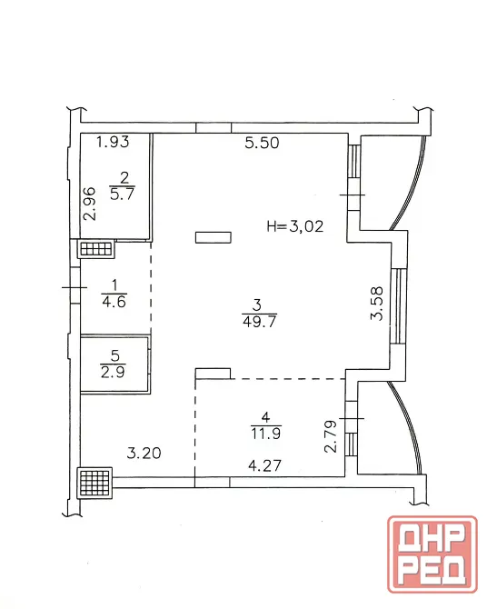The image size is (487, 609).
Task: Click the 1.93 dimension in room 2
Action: pos(113,142)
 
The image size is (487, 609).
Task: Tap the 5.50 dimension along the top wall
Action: pos(262,143)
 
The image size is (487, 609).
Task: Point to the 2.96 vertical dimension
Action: pos(89,204)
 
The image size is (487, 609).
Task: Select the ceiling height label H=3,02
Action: pos(295,226)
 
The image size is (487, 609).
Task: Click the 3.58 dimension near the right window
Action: pos(377,304)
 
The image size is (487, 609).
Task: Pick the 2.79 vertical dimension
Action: pos(331,436)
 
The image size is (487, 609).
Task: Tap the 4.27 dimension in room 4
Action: pos(264,465)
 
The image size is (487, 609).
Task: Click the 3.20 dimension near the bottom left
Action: pos(144,453)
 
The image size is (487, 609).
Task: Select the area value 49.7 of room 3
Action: pos(259,322)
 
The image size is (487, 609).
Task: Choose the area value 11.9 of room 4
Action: pos(265,433)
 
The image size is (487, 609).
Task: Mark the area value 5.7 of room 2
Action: pos(122,194)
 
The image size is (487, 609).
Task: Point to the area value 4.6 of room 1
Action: pos(114,302)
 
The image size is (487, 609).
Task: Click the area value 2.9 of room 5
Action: pos(113,373)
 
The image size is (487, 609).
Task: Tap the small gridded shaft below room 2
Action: pos(96,248)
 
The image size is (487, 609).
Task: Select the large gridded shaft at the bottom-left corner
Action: pos(94,483)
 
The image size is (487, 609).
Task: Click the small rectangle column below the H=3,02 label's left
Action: pos(214,237)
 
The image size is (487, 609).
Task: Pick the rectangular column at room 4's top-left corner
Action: pos(213,374)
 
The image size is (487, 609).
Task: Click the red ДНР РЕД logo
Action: pos(432,554)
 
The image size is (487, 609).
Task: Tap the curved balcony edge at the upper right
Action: pos(412,183)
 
